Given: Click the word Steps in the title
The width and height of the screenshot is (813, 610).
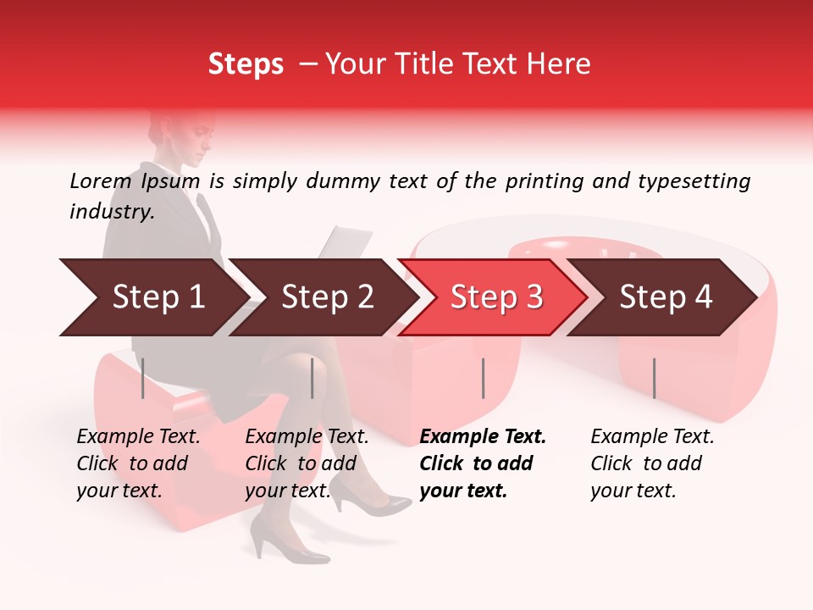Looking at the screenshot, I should (x=246, y=64).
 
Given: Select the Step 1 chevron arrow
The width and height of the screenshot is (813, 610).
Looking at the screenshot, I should (x=152, y=297).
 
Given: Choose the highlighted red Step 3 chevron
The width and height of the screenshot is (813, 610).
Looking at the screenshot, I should (x=495, y=297).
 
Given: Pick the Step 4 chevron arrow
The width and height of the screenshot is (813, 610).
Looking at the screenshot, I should (x=665, y=297).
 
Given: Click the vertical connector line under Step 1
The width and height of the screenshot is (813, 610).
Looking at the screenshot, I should (x=143, y=378).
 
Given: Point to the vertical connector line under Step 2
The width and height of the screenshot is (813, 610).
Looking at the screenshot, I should (x=312, y=378).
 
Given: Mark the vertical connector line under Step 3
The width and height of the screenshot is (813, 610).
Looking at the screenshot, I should (x=483, y=378).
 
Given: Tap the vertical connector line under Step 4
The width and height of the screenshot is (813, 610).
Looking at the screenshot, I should (x=654, y=378).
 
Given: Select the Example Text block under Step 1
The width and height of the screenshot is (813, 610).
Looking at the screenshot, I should (x=138, y=463).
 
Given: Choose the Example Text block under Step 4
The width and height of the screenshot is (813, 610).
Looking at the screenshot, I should (x=652, y=463).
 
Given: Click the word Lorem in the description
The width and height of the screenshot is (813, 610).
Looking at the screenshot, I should (x=101, y=181).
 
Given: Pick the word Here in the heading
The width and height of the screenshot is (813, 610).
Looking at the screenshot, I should (x=561, y=64).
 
